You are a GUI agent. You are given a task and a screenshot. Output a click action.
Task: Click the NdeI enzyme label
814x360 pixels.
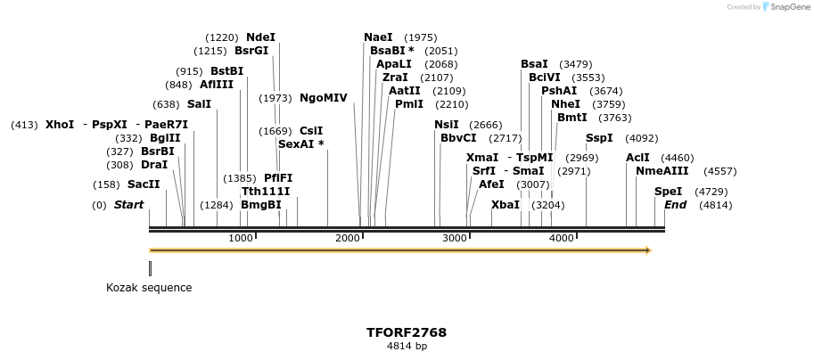(x=260, y=37)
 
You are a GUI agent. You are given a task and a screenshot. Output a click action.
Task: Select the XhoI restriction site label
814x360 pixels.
(x=60, y=125)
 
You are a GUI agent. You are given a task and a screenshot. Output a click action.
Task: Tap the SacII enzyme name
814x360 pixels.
(x=144, y=184)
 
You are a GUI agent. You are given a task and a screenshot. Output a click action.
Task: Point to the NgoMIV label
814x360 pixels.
(x=323, y=98)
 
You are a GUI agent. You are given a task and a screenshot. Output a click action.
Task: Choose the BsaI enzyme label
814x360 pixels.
(x=534, y=64)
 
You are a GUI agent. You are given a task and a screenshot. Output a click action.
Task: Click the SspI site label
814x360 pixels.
(x=599, y=138)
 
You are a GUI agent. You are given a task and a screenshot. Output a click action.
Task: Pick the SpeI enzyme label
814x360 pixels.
(x=668, y=192)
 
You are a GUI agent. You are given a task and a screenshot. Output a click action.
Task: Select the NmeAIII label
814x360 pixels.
(x=662, y=171)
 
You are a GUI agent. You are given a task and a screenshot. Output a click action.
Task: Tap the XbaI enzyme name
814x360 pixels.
(x=505, y=205)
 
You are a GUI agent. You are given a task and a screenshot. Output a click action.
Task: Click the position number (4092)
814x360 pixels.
(x=641, y=138)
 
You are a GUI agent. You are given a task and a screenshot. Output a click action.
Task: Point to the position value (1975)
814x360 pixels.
(x=420, y=37)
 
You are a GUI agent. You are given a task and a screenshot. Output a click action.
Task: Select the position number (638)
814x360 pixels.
(x=166, y=104)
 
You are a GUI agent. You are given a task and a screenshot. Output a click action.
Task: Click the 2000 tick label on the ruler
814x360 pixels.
(x=349, y=238)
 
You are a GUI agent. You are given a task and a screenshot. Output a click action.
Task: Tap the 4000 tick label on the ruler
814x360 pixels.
(x=562, y=238)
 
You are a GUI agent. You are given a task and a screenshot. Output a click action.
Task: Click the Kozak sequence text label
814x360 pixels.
(x=149, y=288)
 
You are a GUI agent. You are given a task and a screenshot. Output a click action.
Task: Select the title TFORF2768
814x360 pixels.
(x=407, y=332)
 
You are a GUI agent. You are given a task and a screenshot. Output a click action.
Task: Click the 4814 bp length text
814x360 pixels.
(x=407, y=347)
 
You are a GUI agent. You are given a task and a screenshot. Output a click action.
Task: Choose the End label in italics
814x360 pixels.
(x=676, y=205)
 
